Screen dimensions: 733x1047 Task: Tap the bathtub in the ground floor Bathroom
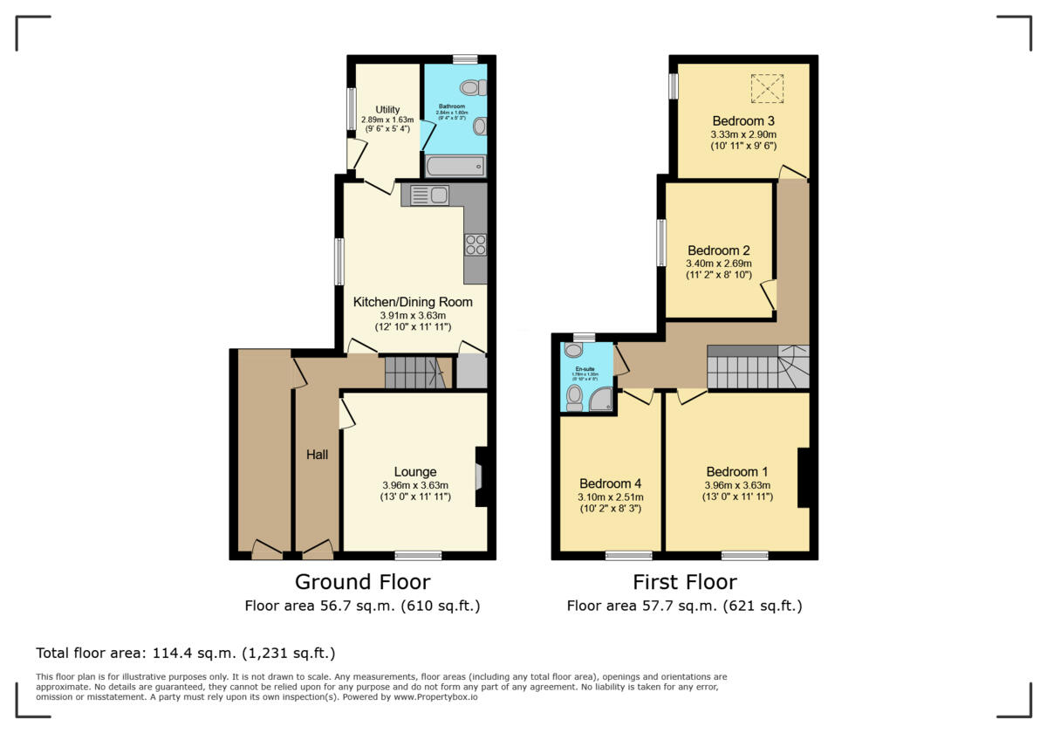455,166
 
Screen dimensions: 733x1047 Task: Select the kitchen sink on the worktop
429,195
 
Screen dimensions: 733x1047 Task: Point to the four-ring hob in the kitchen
476,244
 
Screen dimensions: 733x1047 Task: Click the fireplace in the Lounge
479,476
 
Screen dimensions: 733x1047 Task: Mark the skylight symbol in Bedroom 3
767,87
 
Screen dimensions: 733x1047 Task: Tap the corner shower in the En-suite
601,401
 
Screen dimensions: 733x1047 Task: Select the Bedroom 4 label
611,483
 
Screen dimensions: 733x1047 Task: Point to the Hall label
317,455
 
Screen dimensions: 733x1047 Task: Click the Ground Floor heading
362,582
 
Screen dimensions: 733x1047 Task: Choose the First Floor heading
685,582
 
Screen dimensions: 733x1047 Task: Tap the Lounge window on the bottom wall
418,555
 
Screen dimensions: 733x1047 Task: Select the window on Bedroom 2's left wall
661,242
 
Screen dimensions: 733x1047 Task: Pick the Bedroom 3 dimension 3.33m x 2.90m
743,135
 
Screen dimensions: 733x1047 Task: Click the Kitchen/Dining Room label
413,302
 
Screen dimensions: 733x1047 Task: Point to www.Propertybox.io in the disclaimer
435,697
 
